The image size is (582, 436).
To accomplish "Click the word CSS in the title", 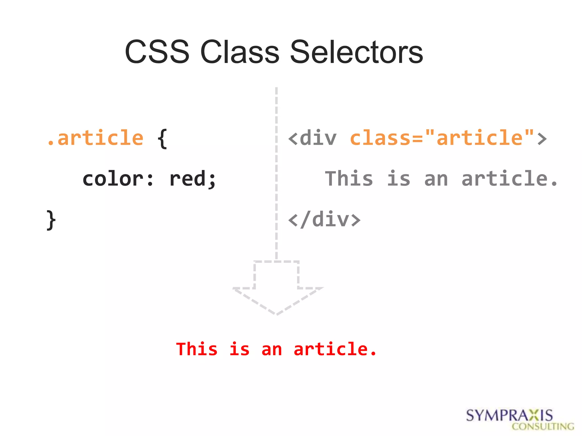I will click(157, 52).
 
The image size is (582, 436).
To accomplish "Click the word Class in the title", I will click(240, 52).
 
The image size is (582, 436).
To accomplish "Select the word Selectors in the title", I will click(356, 52).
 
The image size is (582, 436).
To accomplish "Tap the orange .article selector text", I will click(95, 138).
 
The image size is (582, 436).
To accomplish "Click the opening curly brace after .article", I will click(162, 138).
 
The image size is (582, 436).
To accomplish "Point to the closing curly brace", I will click(51, 220).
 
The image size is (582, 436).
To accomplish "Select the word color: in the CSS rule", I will click(118, 179).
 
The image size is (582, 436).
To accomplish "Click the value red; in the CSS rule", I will click(193, 179).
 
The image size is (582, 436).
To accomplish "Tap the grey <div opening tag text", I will click(313, 138).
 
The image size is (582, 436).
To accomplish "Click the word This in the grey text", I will click(349, 179).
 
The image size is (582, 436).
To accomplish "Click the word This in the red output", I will click(197, 349).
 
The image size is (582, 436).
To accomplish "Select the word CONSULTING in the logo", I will click(543, 427).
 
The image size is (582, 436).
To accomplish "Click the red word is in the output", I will click(240, 349).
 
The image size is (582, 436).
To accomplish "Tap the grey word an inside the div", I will click(436, 179).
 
